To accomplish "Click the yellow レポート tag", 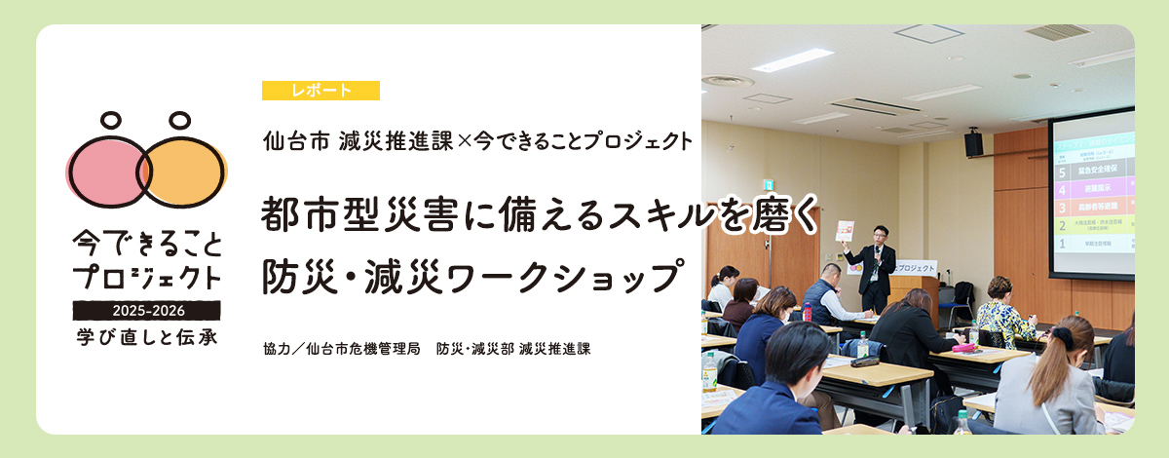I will tap(321, 91).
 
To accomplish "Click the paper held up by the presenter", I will tap(845, 231).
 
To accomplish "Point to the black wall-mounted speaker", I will tap(973, 144).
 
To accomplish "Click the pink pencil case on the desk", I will tap(965, 345).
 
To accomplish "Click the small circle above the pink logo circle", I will tap(111, 122).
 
